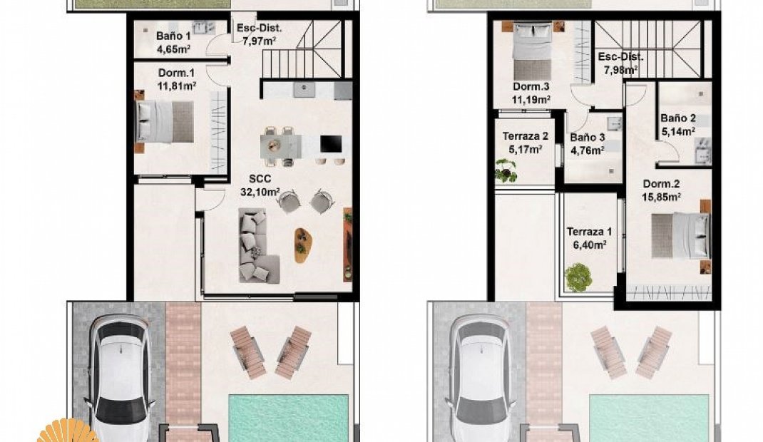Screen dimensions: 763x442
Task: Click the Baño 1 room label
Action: click(x=173, y=36)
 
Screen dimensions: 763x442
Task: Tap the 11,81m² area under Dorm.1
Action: click(x=176, y=86)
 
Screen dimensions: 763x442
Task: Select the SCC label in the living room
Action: click(x=260, y=179)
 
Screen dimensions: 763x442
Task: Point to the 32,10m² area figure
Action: click(x=260, y=192)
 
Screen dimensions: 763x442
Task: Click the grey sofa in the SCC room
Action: click(x=257, y=245)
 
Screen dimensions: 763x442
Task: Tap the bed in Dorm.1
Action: click(x=165, y=122)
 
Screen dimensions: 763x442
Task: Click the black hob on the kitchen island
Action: click(x=331, y=144)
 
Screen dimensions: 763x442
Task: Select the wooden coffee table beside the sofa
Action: click(x=302, y=245)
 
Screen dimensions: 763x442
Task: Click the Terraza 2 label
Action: click(x=526, y=136)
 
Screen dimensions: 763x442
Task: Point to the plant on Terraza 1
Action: click(x=578, y=277)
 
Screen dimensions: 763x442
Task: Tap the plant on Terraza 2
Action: click(x=506, y=170)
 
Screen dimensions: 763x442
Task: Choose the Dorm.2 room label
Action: click(x=661, y=184)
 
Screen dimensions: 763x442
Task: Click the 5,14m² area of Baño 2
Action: click(x=678, y=130)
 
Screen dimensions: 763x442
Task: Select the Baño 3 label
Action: click(x=588, y=138)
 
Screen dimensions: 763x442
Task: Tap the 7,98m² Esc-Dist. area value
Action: click(x=621, y=70)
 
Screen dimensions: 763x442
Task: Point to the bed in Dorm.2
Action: click(x=681, y=236)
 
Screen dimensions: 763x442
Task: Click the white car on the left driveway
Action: click(x=121, y=377)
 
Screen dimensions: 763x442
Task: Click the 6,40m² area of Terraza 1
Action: click(x=589, y=245)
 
